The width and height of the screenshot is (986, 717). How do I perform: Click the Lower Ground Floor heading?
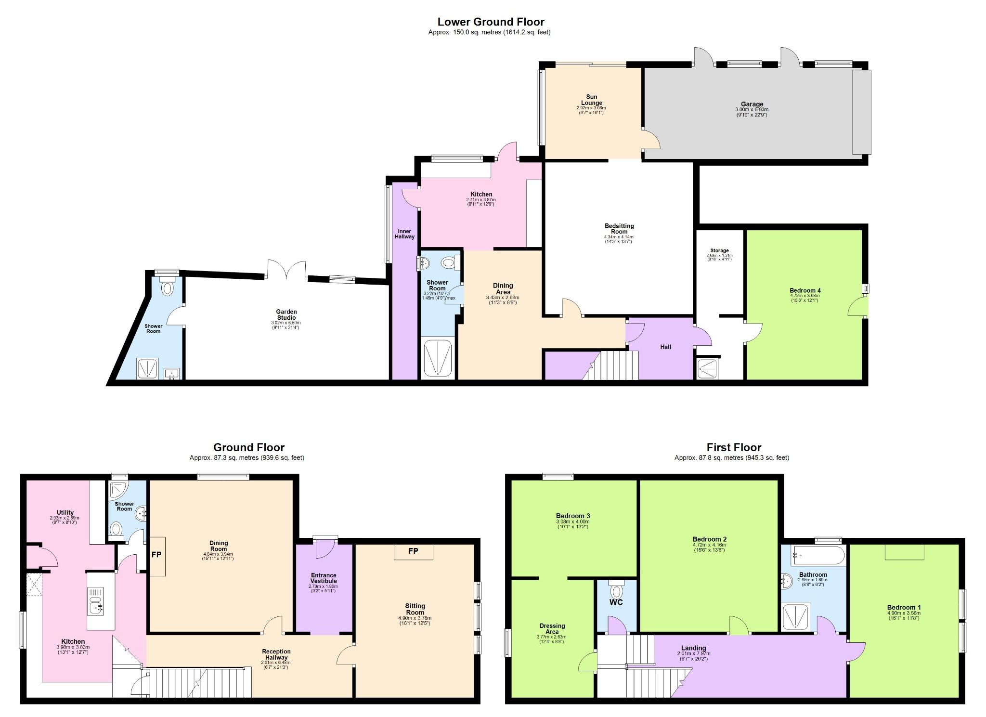coord(491,22)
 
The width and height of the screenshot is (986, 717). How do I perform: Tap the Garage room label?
coord(752,104)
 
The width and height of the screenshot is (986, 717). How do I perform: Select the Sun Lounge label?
coord(591,100)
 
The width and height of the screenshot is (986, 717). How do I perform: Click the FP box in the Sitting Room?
coord(413,551)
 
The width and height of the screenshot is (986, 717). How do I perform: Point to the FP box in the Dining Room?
coord(157,556)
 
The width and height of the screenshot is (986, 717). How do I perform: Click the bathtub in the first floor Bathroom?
coord(818,555)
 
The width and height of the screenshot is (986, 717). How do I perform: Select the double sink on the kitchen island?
coord(95,600)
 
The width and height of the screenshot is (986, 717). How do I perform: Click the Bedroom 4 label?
coord(805,290)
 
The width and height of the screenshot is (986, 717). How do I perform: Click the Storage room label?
coord(719,250)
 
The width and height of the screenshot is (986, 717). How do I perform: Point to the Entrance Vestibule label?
coord(324,578)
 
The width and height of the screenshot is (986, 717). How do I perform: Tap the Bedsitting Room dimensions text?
coord(619,239)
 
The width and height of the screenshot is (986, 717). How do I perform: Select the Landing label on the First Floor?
coord(693,648)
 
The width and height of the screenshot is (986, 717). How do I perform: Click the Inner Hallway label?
coord(404,234)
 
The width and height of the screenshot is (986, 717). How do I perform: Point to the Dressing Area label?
coord(552,628)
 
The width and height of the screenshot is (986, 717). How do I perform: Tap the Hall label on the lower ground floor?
coord(665,347)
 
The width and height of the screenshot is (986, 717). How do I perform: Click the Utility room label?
coord(65,512)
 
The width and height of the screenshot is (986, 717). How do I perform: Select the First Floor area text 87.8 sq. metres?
coord(732,458)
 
